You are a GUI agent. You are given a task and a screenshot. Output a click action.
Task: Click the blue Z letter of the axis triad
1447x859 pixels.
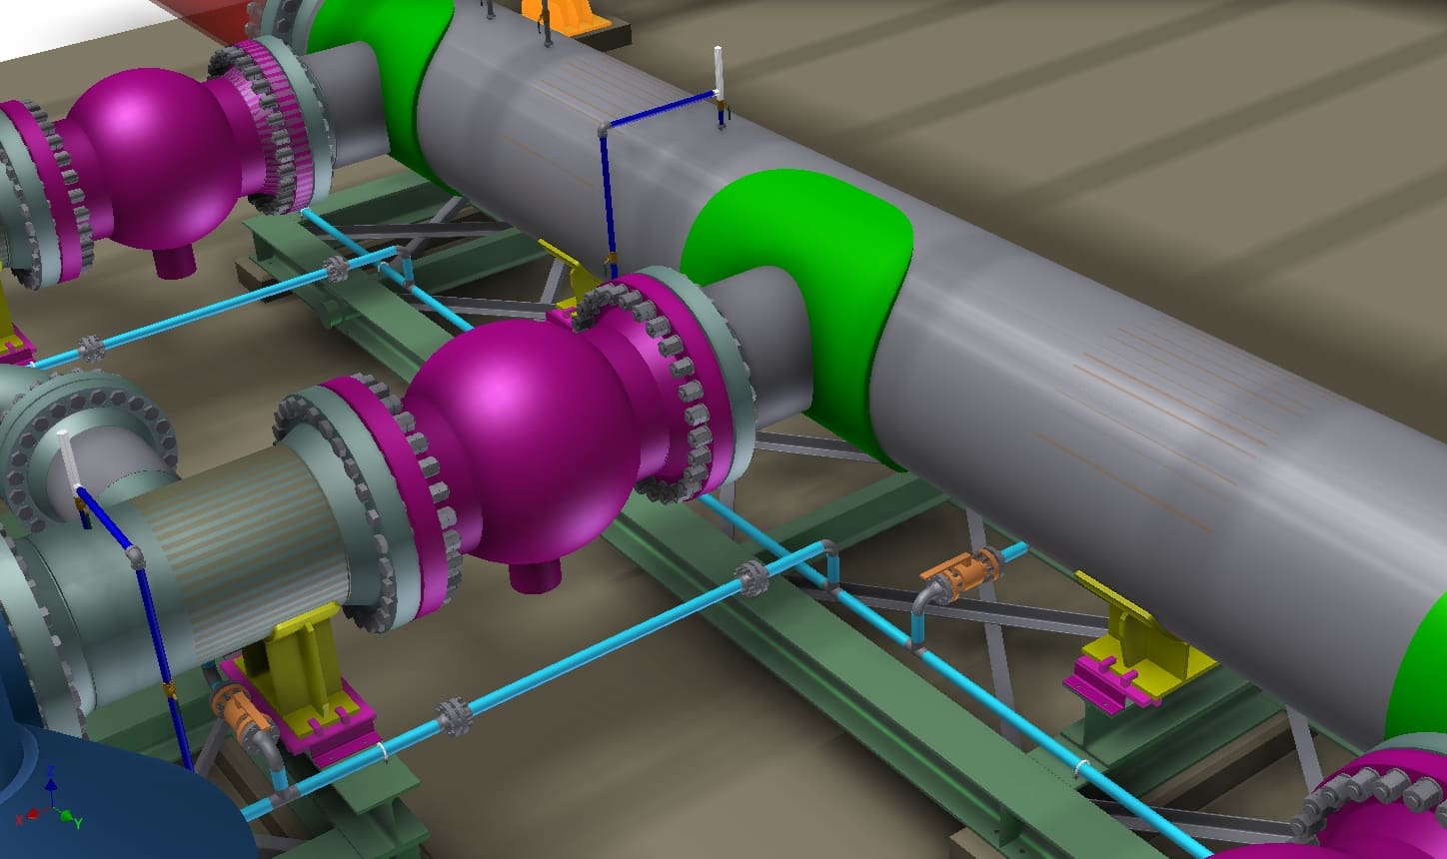[50, 770]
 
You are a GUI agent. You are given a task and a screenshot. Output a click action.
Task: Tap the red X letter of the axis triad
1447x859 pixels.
[19, 820]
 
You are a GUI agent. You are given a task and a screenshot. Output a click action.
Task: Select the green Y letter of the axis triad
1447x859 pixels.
[78, 823]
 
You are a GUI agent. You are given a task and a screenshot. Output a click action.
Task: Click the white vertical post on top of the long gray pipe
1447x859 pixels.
[718, 72]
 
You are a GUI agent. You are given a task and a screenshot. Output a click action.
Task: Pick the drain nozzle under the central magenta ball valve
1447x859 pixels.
[535, 575]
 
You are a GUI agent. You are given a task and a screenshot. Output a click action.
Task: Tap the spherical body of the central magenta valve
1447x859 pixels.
[517, 439]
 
